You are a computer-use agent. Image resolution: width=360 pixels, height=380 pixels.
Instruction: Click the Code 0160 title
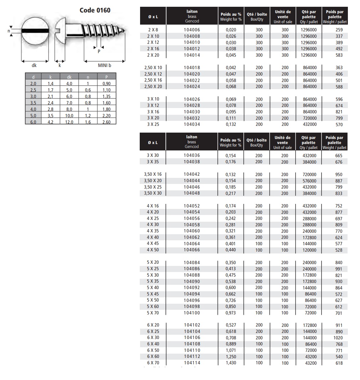[x=95, y=10]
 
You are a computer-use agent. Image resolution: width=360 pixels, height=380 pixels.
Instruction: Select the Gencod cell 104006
[x=192, y=30]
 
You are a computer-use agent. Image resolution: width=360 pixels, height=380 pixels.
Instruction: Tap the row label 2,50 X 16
[x=153, y=80]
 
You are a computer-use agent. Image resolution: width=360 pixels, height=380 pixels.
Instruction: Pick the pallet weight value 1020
[x=339, y=338]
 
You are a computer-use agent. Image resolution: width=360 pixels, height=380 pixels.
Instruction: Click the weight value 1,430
[x=231, y=363]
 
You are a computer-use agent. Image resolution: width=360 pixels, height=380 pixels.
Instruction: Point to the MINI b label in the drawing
[x=105, y=65]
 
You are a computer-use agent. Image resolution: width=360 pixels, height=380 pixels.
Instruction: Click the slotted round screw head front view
[x=35, y=31]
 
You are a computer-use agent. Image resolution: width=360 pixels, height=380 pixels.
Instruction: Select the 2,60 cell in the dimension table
[x=107, y=122]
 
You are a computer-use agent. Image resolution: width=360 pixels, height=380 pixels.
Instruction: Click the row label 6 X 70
[x=153, y=363]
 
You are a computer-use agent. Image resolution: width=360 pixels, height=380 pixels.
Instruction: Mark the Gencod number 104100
[x=192, y=313]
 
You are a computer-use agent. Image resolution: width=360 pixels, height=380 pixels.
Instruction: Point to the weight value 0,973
[x=231, y=313]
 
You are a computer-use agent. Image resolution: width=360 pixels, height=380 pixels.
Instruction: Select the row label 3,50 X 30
[x=153, y=193]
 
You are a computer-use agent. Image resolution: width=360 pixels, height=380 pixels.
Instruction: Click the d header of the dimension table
[x=34, y=77]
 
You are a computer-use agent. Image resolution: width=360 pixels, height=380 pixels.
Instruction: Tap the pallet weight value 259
[x=339, y=30]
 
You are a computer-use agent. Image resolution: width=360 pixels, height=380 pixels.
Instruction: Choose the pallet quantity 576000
[x=309, y=181]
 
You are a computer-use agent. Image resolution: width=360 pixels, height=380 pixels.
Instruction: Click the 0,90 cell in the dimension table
[x=107, y=83]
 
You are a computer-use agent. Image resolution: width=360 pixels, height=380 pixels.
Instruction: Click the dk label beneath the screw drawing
[x=34, y=65]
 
